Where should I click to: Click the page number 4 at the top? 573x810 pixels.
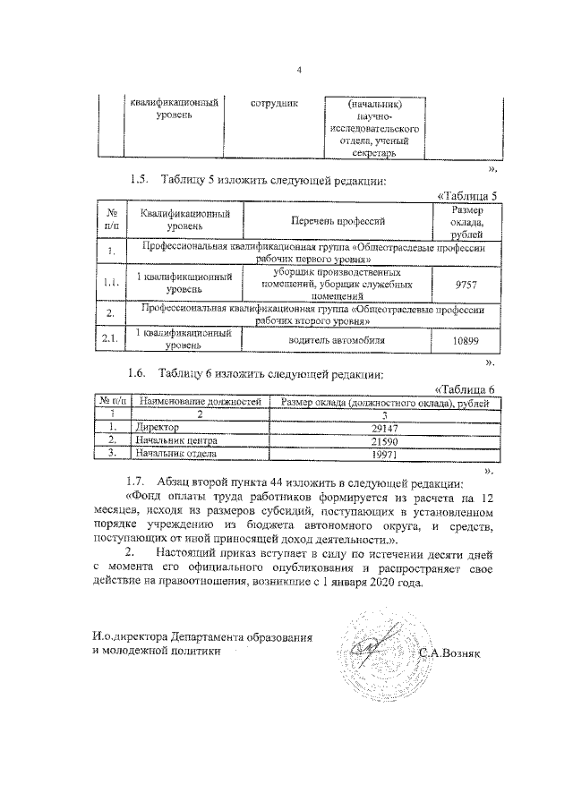click(300, 71)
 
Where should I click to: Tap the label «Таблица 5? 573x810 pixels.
click(466, 197)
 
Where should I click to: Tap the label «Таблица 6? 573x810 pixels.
click(465, 389)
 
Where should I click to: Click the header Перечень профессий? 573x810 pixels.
click(337, 220)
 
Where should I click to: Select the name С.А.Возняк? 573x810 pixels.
click(450, 653)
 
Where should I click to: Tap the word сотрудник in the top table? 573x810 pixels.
click(275, 105)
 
